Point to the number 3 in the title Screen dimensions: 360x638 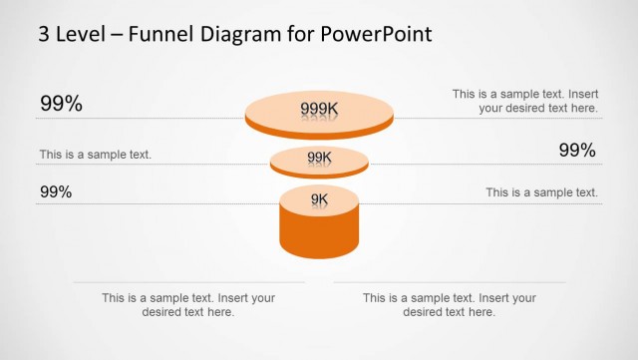(x=44, y=34)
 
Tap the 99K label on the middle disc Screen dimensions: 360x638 (x=319, y=158)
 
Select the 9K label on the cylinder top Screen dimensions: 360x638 (x=319, y=199)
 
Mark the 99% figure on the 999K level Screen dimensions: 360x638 (x=61, y=104)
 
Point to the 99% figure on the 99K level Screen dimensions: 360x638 (x=576, y=151)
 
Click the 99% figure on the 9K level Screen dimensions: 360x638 (x=56, y=191)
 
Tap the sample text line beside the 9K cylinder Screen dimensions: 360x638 (x=541, y=192)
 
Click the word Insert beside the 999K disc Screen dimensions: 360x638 (x=582, y=94)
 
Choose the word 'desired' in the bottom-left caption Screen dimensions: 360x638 (x=126, y=312)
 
